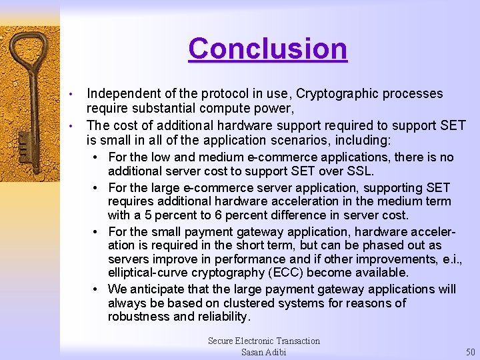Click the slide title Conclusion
[267, 49]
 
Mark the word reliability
[222, 317]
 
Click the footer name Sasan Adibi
[263, 352]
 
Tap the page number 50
[470, 352]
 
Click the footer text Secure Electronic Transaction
[263, 341]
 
